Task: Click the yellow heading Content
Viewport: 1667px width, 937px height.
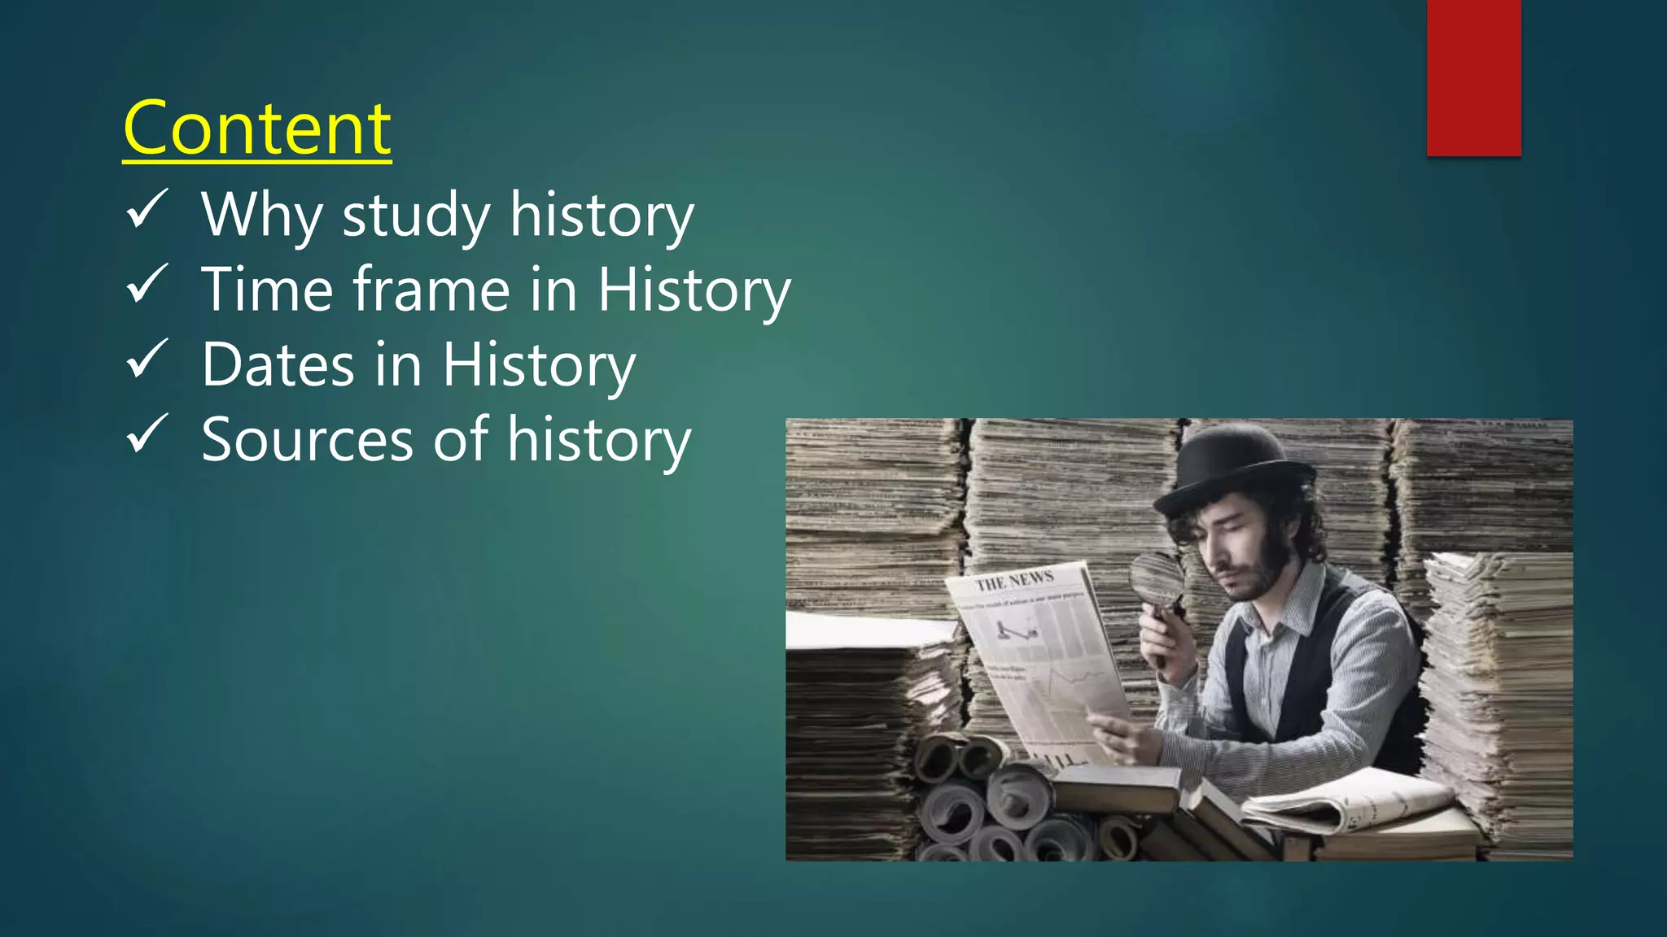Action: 257,129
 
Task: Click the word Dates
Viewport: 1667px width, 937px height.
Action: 278,364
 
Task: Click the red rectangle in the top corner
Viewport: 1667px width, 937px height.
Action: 1473,77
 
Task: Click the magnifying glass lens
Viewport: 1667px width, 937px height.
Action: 1156,577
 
